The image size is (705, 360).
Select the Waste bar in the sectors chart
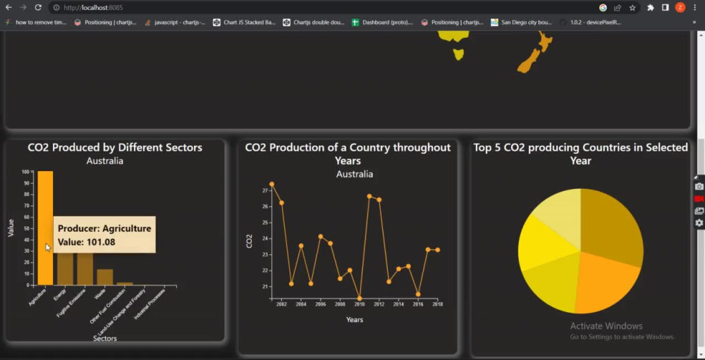coord(105,277)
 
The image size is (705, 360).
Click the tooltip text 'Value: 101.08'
coord(87,242)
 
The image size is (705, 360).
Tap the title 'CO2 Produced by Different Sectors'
coord(115,147)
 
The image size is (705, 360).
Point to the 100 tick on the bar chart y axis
coord(25,172)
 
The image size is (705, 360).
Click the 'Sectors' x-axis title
coord(105,338)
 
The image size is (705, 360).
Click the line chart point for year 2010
coord(360,298)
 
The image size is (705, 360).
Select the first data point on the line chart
coord(271,185)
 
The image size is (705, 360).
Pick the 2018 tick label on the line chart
coord(438,304)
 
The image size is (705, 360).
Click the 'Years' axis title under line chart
coord(355,320)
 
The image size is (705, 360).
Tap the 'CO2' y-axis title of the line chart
coord(249,241)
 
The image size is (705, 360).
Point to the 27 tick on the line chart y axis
coord(265,190)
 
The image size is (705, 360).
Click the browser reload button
coord(38,7)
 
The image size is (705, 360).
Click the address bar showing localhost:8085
coord(282,7)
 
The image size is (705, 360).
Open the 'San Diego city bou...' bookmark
coord(522,23)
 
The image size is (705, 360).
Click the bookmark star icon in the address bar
coord(632,7)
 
